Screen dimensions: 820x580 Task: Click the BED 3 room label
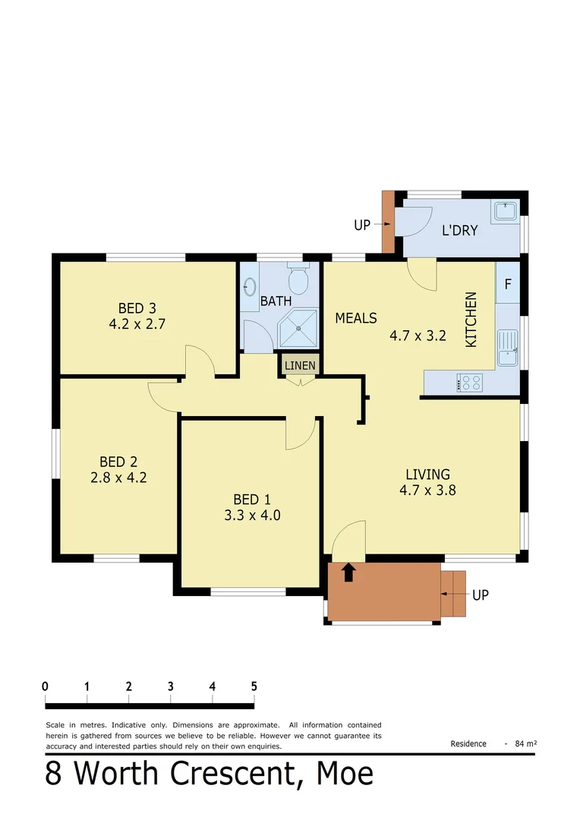click(137, 307)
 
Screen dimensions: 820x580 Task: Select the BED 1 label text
click(251, 499)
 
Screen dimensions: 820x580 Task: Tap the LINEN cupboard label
click(300, 365)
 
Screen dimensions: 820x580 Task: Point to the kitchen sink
click(507, 349)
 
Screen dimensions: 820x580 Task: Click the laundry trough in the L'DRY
click(505, 210)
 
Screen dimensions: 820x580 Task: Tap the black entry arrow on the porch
click(348, 572)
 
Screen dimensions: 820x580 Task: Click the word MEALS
click(356, 318)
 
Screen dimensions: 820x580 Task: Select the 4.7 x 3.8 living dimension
click(427, 490)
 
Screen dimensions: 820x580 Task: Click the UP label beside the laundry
click(362, 225)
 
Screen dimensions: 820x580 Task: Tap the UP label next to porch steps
click(480, 595)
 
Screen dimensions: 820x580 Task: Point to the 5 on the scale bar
click(254, 686)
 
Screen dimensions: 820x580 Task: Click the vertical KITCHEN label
click(471, 320)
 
